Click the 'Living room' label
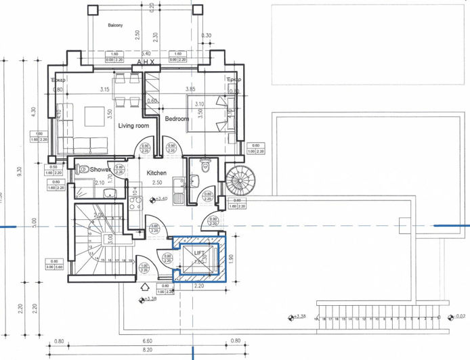[x=133, y=126]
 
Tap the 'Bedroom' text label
[x=177, y=118]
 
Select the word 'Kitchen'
[x=157, y=173]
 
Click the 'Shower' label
[x=100, y=170]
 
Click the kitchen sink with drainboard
[x=177, y=191]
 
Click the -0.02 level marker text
[x=460, y=316]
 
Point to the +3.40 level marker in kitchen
[x=160, y=199]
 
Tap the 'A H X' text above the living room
[x=146, y=62]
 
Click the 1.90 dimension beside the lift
[x=231, y=256]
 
